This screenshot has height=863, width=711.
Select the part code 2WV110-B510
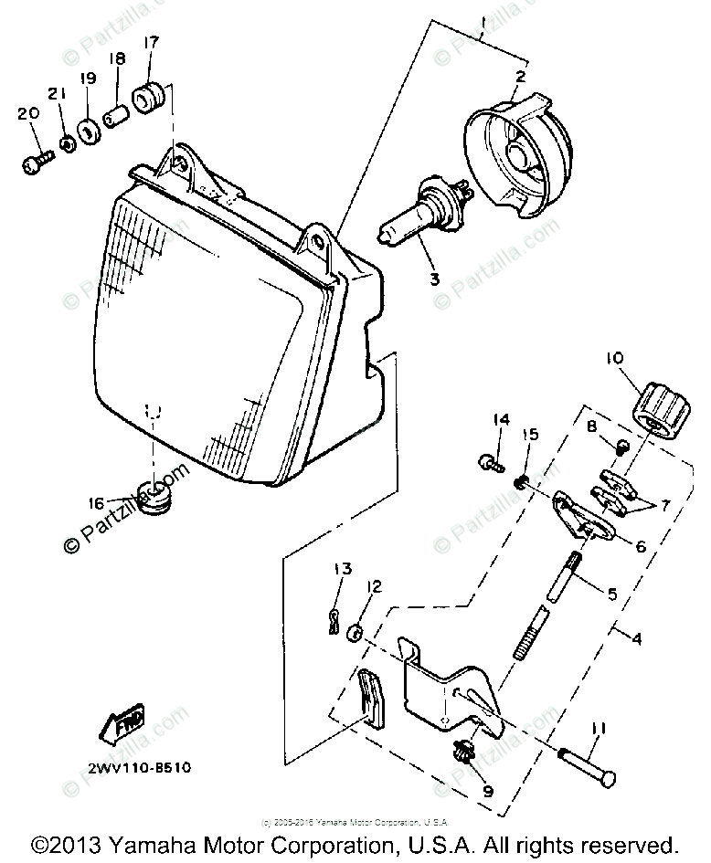[127, 768]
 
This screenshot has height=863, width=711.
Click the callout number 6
[637, 546]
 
